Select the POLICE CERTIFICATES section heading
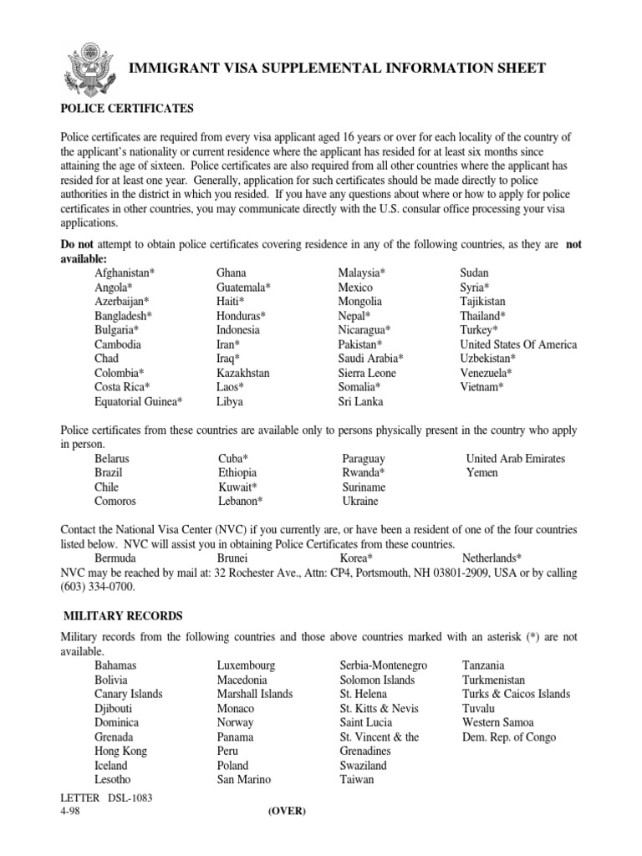[x=127, y=109]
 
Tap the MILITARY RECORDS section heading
[x=124, y=616]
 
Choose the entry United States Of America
[x=518, y=344]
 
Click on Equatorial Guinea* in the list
[x=139, y=401]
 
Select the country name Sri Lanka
[x=361, y=401]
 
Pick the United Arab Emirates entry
[x=515, y=459]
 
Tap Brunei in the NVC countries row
[x=232, y=558]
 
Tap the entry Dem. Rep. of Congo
[x=508, y=737]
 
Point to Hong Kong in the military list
[x=120, y=752]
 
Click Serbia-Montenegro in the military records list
[x=384, y=665]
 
